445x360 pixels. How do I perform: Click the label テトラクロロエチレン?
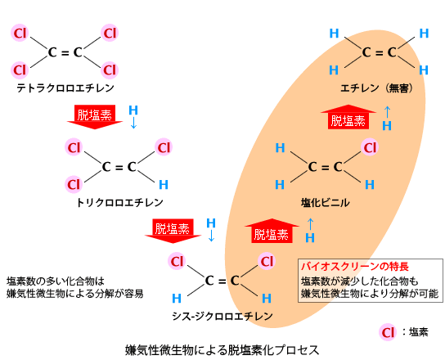pyautogui.click(x=65, y=88)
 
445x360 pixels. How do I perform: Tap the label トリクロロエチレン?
pyautogui.click(x=119, y=202)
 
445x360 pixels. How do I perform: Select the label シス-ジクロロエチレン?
pyautogui.click(x=222, y=317)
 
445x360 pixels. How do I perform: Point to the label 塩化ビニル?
pyautogui.click(x=326, y=203)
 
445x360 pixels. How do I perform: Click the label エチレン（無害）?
pyautogui.click(x=377, y=88)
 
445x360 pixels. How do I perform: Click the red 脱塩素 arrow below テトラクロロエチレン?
pyautogui.click(x=95, y=117)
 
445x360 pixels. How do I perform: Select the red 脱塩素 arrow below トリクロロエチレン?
pyautogui.click(x=173, y=231)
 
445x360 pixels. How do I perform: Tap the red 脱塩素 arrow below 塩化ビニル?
pyautogui.click(x=272, y=231)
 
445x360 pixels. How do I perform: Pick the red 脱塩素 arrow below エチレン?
pyautogui.click(x=348, y=117)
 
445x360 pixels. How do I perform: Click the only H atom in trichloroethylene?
pyautogui.click(x=164, y=185)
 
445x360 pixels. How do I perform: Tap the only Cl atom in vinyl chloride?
pyautogui.click(x=370, y=147)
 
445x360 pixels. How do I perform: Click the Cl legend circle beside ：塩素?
pyautogui.click(x=388, y=332)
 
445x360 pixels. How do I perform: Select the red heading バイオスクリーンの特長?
pyautogui.click(x=355, y=267)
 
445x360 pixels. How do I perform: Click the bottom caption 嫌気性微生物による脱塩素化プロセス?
pyautogui.click(x=222, y=350)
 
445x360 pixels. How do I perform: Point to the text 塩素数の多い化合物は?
pyautogui.click(x=56, y=281)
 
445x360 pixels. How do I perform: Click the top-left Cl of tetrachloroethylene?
pyautogui.click(x=20, y=33)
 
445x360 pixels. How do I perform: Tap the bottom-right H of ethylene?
pyautogui.click(x=424, y=70)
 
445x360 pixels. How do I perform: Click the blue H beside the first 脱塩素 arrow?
pyautogui.click(x=133, y=110)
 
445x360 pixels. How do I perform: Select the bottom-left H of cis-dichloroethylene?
pyautogui.click(x=177, y=298)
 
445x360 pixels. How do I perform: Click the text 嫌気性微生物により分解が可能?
pyautogui.click(x=370, y=293)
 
